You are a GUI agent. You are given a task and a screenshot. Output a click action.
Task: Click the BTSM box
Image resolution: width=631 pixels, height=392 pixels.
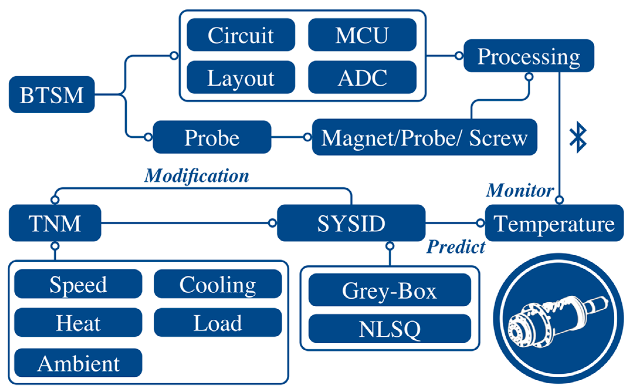pos(52,94)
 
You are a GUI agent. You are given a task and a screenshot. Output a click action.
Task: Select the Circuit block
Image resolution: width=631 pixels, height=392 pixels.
pos(241,35)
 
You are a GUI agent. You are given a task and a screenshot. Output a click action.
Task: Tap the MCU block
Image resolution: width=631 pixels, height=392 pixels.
pos(362,35)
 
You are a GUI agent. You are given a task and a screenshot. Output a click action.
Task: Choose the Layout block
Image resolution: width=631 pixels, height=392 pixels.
pos(241,77)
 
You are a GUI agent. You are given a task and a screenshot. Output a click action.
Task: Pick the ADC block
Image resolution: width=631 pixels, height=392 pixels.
pos(362,77)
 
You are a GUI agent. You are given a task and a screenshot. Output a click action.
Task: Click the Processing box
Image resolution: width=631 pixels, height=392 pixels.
pos(529,56)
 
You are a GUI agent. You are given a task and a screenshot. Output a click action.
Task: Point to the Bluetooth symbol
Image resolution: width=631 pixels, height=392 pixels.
pos(577,137)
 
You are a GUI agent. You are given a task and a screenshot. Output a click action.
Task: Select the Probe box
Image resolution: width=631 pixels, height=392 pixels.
pos(212,137)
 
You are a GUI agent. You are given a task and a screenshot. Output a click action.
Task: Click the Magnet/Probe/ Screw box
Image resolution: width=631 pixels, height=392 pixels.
pos(424,137)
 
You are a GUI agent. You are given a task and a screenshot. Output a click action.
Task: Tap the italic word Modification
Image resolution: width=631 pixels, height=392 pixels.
pos(196,175)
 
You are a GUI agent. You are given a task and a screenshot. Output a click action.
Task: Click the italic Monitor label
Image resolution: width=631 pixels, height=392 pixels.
pos(520,190)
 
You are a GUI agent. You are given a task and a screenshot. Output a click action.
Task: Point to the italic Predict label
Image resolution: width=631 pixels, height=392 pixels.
pos(455,246)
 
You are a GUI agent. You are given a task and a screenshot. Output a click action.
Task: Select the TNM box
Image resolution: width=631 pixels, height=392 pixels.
pos(55,223)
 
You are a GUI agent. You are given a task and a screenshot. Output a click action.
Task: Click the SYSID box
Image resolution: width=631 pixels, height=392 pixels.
pos(351,223)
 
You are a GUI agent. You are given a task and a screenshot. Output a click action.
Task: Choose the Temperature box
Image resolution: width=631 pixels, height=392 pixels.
pos(554,223)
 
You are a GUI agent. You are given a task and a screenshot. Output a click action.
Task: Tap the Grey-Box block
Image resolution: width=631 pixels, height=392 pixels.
pos(389,290)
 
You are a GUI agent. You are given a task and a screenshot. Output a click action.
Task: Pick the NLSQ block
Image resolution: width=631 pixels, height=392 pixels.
pos(389,329)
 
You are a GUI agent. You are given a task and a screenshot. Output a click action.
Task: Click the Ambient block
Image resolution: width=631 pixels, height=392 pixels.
pos(78,363)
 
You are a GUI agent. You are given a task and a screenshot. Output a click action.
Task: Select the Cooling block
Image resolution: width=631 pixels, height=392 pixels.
pos(218,284)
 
